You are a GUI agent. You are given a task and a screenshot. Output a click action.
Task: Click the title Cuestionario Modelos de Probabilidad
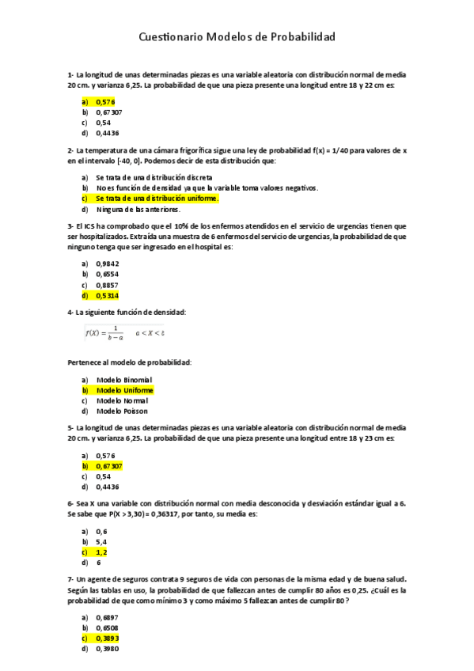point(237,37)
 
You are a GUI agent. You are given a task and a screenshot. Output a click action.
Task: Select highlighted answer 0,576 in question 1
point(105,101)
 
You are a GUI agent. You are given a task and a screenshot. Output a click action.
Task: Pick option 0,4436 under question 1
point(108,133)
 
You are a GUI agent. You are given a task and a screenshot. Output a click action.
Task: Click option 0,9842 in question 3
point(108,263)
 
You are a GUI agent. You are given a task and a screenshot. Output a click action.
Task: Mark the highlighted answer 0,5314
point(107,295)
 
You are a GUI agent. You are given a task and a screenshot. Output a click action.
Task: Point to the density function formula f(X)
point(124,333)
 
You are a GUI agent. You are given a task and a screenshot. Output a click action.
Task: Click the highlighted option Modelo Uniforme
point(125,390)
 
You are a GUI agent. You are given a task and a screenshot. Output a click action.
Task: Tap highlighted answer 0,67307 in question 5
point(108,466)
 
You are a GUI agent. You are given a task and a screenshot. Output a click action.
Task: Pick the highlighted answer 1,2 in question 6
point(101,552)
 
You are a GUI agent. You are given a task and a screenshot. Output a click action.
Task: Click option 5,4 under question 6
point(101,542)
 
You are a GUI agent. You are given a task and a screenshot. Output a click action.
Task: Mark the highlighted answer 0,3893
point(108,638)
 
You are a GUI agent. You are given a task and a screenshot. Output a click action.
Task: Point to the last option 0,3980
point(108,649)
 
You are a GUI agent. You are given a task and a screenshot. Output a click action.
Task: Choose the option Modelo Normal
point(123,400)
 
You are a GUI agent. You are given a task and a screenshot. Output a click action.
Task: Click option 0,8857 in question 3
point(108,285)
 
